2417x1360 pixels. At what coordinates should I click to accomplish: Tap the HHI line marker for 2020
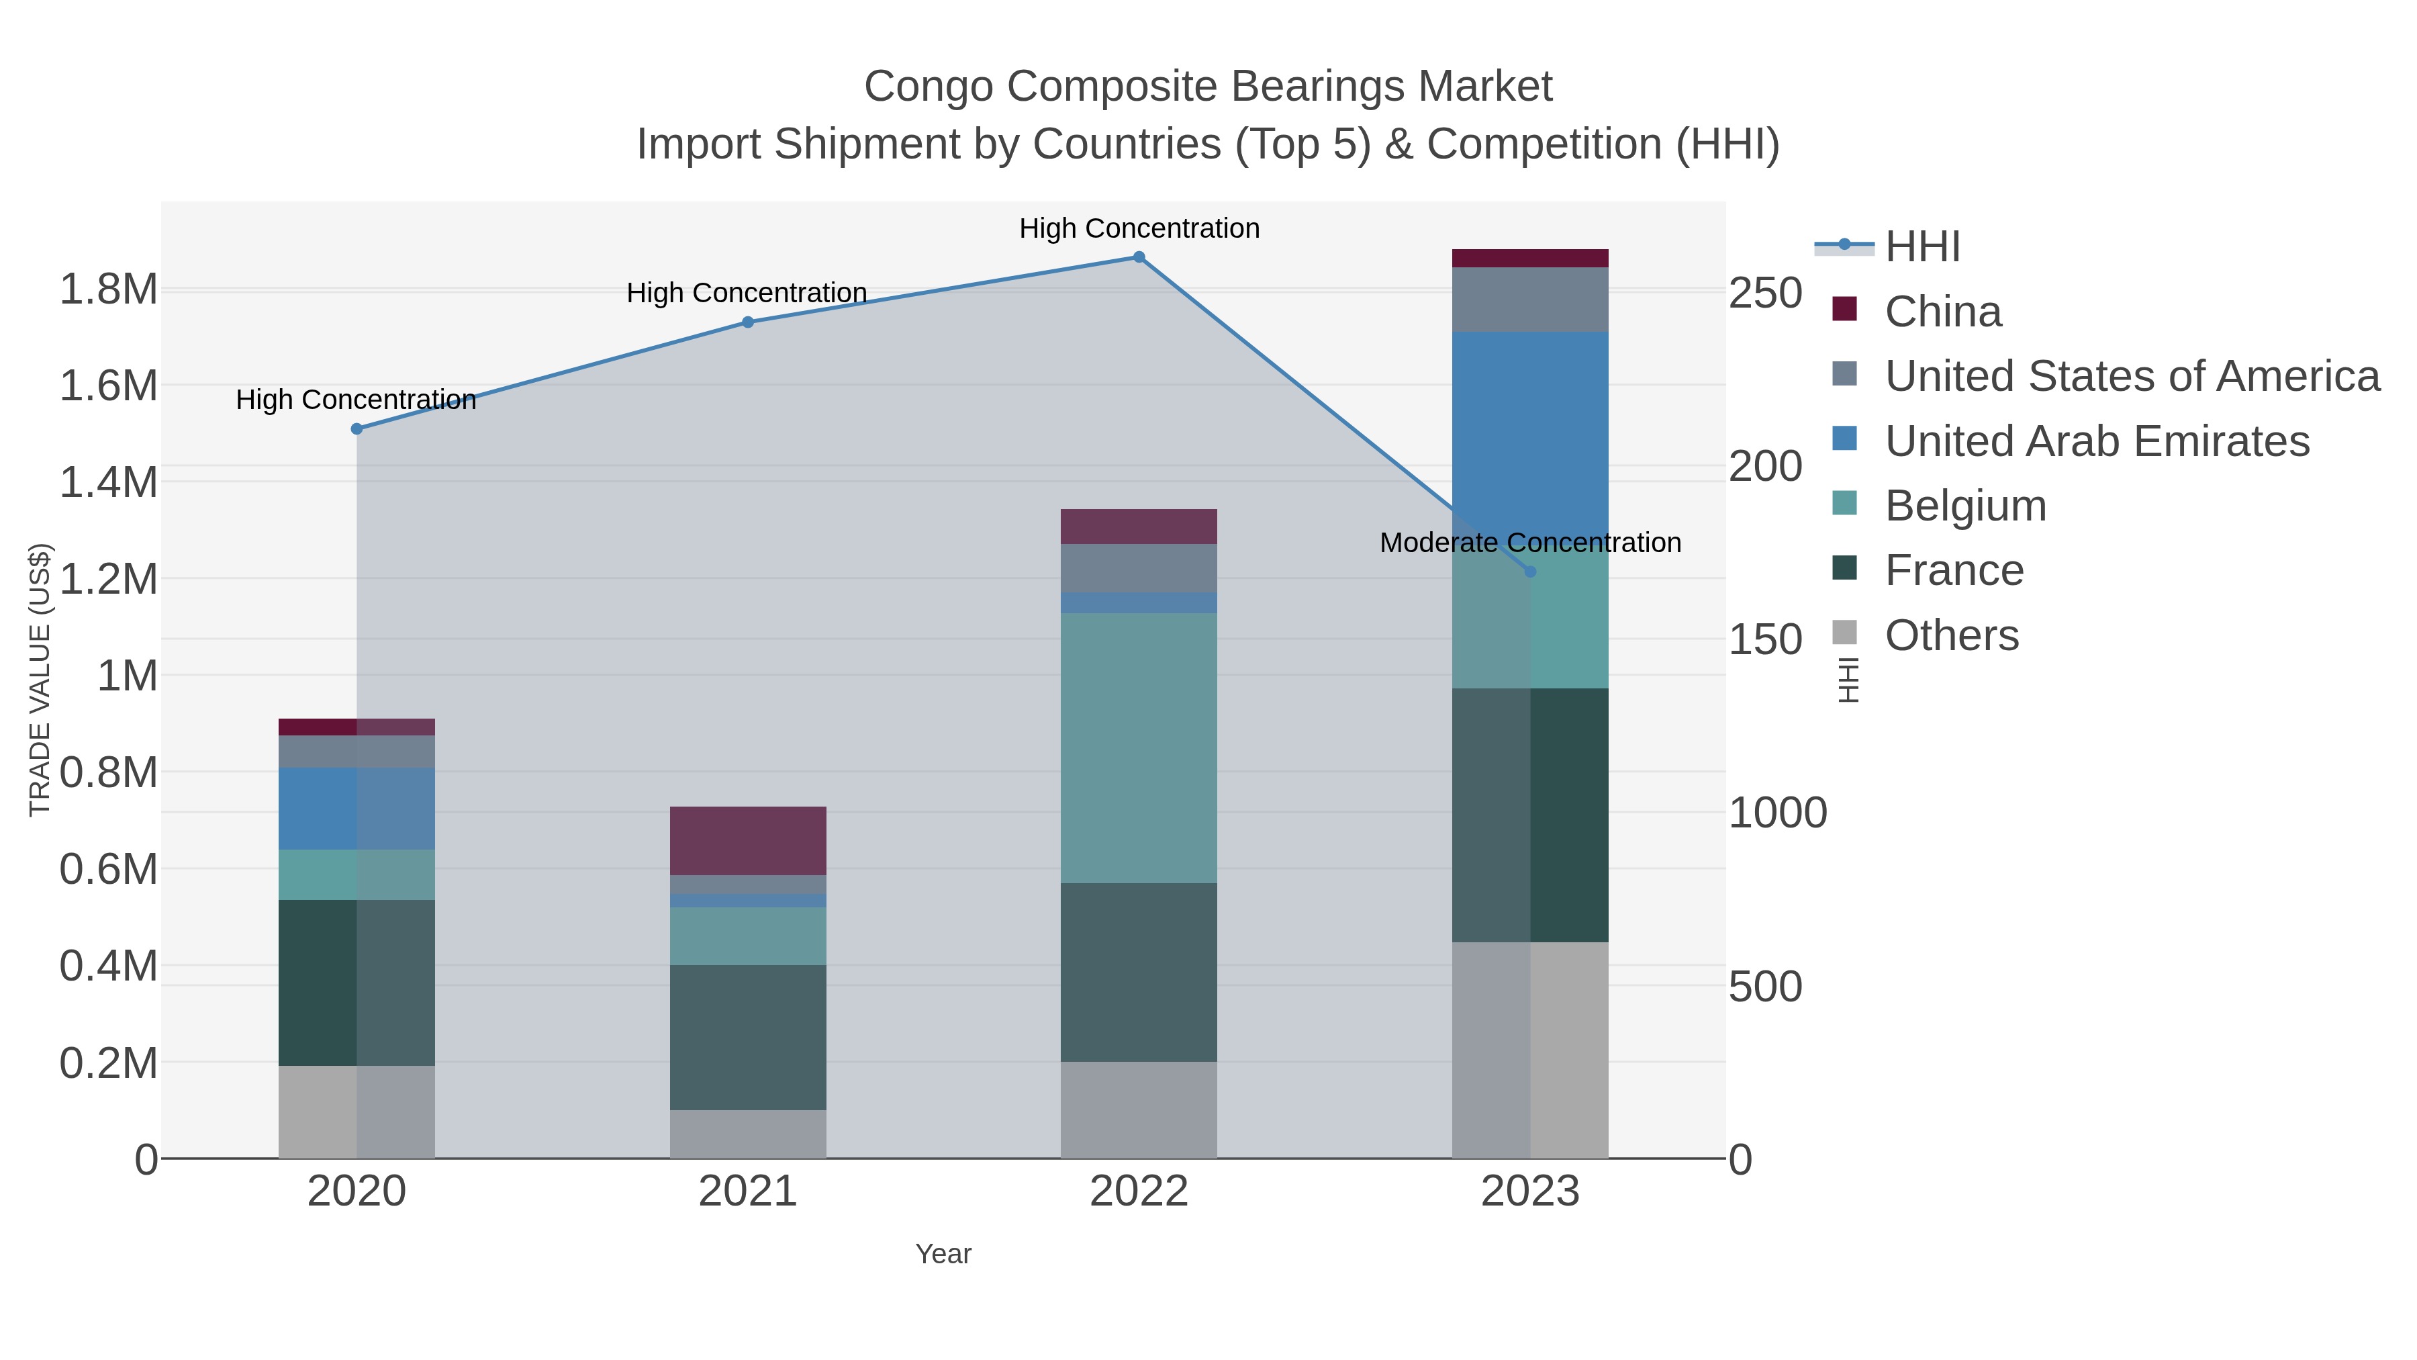coord(357,429)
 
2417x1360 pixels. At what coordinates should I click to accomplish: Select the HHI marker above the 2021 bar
coord(748,322)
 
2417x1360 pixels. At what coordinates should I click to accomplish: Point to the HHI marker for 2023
coord(1530,572)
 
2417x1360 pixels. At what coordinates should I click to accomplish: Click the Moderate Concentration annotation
coord(1529,543)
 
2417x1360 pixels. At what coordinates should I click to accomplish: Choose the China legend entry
coord(1942,312)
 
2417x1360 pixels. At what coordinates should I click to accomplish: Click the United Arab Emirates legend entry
coord(2096,441)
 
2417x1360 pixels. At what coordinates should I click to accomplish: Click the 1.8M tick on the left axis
coord(109,289)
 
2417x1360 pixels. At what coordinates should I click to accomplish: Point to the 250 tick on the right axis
coord(1765,293)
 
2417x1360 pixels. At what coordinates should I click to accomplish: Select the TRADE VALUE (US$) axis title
coord(40,680)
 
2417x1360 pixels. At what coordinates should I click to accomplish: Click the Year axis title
coord(943,1254)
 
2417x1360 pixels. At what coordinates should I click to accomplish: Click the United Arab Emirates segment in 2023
coord(1530,432)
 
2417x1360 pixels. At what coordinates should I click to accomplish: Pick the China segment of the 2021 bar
coord(748,840)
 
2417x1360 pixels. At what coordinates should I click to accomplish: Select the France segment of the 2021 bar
coord(748,1037)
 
